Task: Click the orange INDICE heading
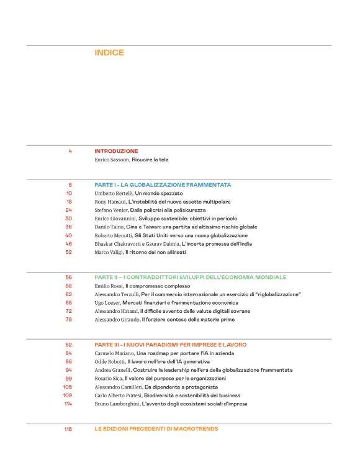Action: pos(109,53)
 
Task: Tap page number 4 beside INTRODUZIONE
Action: pos(70,151)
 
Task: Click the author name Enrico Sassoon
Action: pos(112,160)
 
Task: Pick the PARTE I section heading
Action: pos(163,185)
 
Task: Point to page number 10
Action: pos(69,194)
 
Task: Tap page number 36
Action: pos(68,227)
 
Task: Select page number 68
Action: pos(68,302)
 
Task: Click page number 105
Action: pos(68,387)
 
